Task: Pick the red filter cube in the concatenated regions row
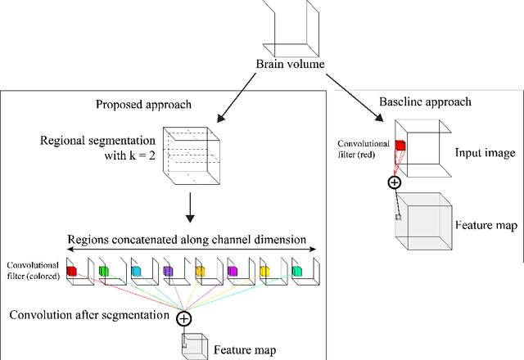coord(71,271)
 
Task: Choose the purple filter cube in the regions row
coord(167,271)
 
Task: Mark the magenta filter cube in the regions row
coord(232,271)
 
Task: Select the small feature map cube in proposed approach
coord(193,345)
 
